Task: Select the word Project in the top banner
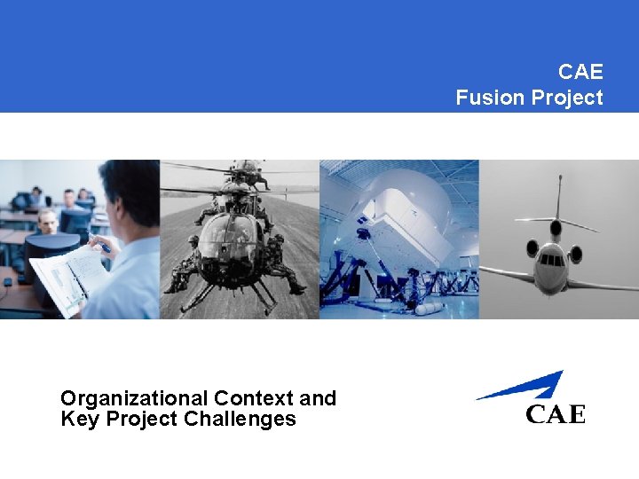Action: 566,98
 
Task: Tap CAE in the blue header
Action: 580,71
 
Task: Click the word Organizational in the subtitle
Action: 133,398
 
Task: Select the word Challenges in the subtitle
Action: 240,420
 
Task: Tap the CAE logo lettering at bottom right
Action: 556,414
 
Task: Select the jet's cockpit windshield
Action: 553,260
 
